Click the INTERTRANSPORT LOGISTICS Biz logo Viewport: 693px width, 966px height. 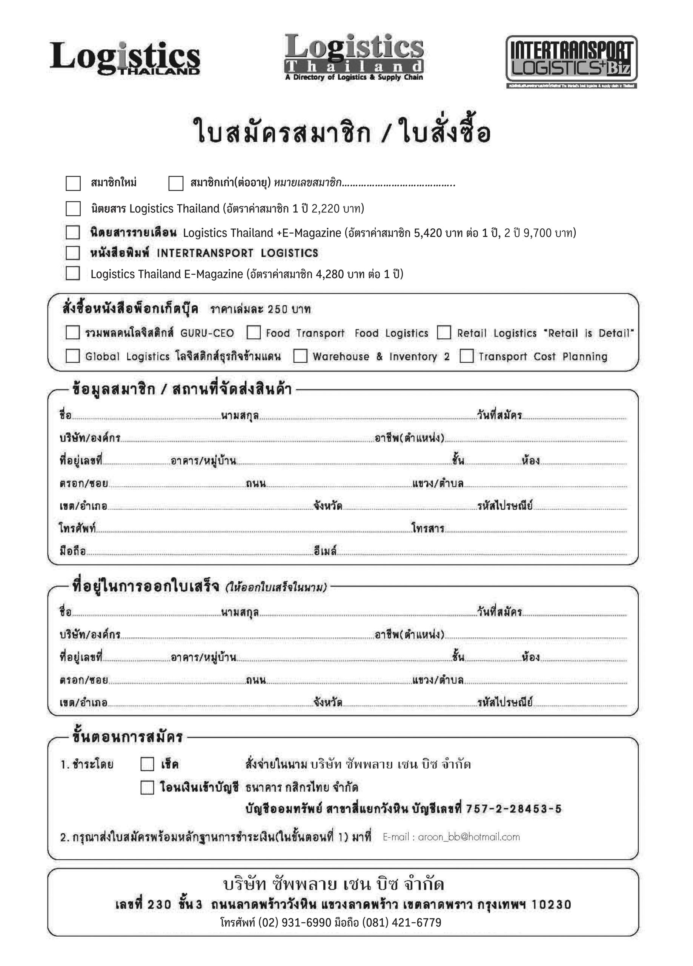[571, 60]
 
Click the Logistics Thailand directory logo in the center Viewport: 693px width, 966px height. [354, 57]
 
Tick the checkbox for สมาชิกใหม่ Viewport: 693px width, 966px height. [73, 183]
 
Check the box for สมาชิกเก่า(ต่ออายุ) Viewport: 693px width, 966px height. [176, 183]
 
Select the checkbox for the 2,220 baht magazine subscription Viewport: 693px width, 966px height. [73, 209]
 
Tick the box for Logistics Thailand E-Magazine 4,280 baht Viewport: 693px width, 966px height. [73, 274]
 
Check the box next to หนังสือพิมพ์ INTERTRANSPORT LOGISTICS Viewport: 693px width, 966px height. [73, 253]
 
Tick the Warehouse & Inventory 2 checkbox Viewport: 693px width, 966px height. [300, 356]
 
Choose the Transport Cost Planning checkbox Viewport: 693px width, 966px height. [466, 356]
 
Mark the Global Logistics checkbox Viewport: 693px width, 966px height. [73, 356]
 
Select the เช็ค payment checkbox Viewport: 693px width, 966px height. [147, 764]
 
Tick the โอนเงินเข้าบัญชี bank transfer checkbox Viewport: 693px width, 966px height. [147, 788]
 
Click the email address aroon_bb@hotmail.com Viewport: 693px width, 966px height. [469, 837]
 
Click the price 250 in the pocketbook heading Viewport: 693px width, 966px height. [278, 309]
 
